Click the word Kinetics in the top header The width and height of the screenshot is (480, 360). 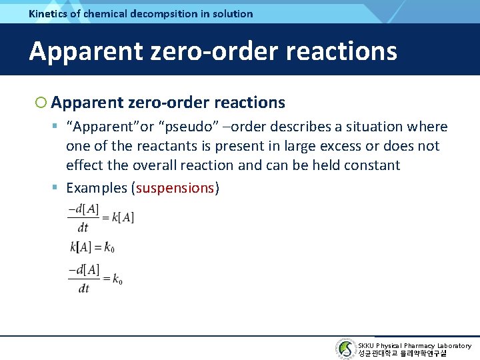coord(49,13)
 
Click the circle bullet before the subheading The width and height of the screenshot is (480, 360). coord(41,103)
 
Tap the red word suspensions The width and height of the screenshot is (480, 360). coord(175,188)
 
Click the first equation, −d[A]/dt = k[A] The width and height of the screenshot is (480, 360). coord(101,217)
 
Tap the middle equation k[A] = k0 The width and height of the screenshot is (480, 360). coord(92,247)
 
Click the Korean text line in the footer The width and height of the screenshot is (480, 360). coord(402,353)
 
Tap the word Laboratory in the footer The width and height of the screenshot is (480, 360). coord(454,346)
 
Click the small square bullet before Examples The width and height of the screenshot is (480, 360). coord(58,188)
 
